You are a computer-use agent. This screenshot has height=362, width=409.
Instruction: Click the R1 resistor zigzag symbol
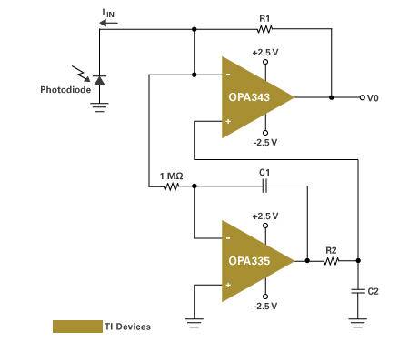click(x=264, y=29)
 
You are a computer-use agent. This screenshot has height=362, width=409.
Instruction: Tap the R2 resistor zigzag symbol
click(x=331, y=261)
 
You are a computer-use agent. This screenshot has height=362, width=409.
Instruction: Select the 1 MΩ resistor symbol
click(x=171, y=186)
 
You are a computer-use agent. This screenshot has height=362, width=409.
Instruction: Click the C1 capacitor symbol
click(x=264, y=186)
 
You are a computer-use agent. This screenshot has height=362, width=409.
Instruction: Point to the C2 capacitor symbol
click(x=358, y=291)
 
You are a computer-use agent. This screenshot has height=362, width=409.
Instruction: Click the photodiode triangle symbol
click(x=99, y=80)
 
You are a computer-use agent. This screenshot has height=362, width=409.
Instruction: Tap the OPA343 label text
click(x=249, y=97)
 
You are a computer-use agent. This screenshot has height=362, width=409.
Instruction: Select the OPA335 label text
click(x=249, y=261)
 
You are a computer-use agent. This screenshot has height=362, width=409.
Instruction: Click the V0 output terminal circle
click(x=362, y=97)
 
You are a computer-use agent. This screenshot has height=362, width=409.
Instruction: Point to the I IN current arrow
click(x=108, y=23)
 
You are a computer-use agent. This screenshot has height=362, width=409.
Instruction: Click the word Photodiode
click(x=65, y=90)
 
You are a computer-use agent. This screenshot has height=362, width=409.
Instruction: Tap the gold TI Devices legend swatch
click(x=77, y=327)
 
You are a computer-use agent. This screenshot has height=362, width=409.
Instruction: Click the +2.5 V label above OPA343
click(x=265, y=53)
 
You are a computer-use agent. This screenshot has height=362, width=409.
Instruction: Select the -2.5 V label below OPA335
click(x=265, y=306)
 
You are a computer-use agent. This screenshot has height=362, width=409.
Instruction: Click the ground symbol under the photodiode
click(x=99, y=107)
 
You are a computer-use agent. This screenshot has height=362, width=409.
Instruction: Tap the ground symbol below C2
click(x=358, y=323)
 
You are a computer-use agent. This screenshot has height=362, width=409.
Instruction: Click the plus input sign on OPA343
click(x=228, y=121)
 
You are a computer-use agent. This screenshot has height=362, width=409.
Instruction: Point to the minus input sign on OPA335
click(x=228, y=238)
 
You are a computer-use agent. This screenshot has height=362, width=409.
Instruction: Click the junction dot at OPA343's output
click(x=332, y=97)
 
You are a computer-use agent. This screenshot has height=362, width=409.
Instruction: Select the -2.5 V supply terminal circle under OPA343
click(x=265, y=133)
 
